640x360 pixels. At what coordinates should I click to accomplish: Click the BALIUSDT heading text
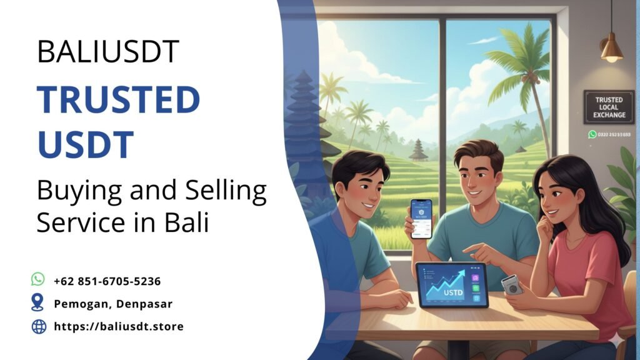(x=108, y=51)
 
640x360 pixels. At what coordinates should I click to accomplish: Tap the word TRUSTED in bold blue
(x=118, y=99)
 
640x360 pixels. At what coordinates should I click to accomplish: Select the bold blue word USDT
(x=86, y=143)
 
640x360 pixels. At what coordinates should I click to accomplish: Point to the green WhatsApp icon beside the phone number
(x=38, y=279)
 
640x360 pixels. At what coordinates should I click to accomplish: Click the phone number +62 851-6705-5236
(x=107, y=281)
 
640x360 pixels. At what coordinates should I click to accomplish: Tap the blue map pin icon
(x=38, y=303)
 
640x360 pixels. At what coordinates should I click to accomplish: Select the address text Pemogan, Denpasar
(x=113, y=304)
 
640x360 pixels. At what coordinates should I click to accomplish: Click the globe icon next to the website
(x=39, y=326)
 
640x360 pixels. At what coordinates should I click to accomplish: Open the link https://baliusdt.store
(x=119, y=326)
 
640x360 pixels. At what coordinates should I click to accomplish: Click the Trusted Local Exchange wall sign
(x=608, y=107)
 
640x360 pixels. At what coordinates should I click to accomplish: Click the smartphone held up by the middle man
(x=421, y=219)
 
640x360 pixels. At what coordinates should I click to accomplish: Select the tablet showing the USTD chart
(x=451, y=284)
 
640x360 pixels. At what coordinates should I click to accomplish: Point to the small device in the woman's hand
(x=512, y=284)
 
